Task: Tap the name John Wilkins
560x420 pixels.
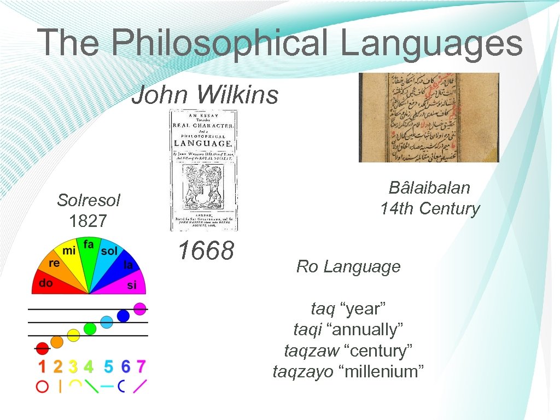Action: pos(205,95)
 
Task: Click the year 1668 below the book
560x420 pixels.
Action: pos(206,251)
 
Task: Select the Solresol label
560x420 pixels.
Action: pos(89,200)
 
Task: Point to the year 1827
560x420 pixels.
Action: pos(89,221)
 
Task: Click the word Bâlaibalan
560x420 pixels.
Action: pos(429,188)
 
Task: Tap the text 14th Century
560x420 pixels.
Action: pos(430,208)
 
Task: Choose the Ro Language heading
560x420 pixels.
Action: pos(348,267)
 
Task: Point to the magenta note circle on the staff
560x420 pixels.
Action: pos(140,308)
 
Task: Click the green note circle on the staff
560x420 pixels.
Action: pos(90,328)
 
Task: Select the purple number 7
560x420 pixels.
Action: pos(141,366)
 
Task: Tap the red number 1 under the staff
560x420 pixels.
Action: pos(42,366)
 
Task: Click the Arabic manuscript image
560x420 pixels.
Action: pos(429,118)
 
